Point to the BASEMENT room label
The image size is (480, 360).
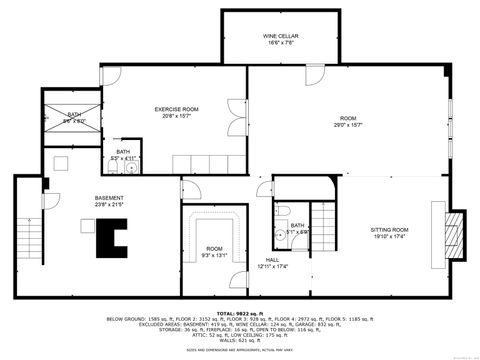tap(109, 197)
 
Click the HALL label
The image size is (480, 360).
tap(272, 259)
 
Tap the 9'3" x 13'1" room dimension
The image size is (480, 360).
tap(215, 254)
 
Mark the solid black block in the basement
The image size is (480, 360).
tap(106, 238)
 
